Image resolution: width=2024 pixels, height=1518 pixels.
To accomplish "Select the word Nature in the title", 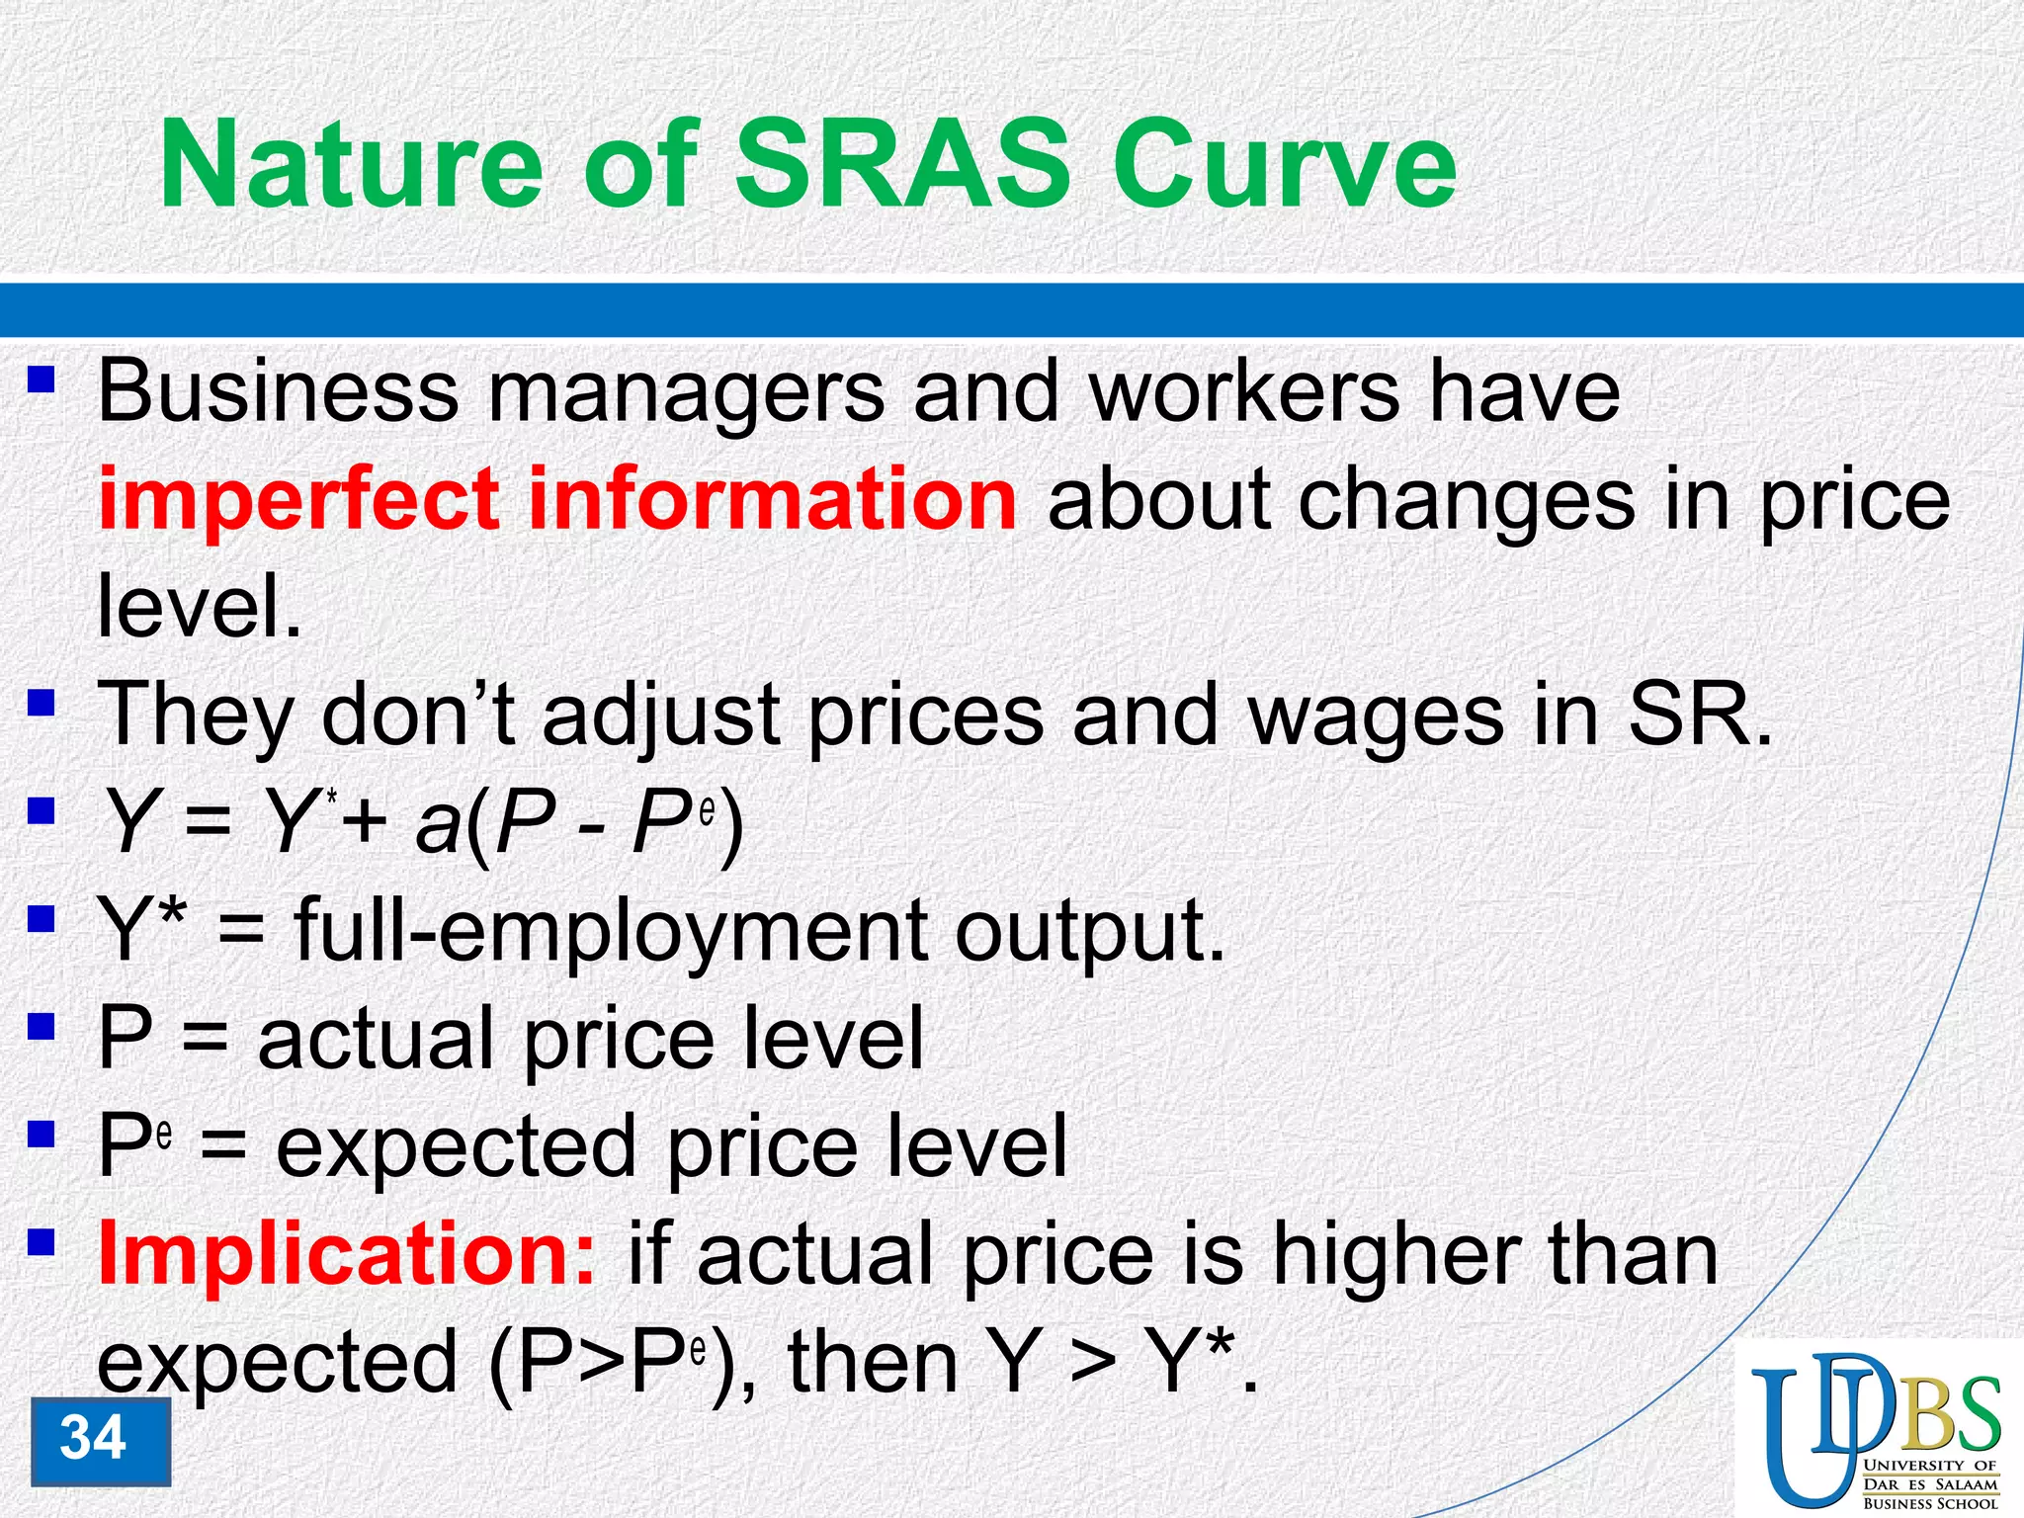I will [x=351, y=164].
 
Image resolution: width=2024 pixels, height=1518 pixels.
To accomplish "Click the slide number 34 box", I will [x=100, y=1440].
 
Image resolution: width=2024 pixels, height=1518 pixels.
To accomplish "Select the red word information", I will [x=771, y=500].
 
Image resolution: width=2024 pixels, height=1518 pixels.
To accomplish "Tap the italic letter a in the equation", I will [x=438, y=825].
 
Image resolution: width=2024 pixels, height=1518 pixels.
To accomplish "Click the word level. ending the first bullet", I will [x=199, y=607].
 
